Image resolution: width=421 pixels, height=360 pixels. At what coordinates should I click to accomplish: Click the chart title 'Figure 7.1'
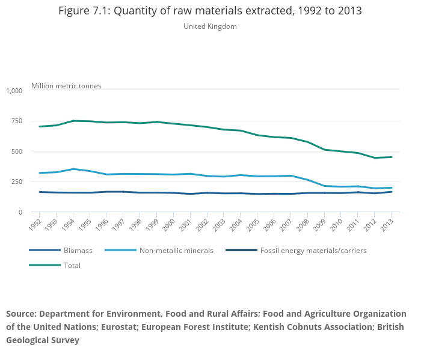click(x=210, y=11)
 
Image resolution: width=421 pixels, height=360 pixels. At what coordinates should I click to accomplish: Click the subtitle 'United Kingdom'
click(x=210, y=26)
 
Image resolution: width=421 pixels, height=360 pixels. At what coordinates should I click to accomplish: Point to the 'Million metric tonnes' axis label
click(x=66, y=86)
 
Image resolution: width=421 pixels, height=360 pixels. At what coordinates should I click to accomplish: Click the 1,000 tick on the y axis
click(x=14, y=91)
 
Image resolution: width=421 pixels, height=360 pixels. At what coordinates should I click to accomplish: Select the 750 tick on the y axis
click(x=17, y=121)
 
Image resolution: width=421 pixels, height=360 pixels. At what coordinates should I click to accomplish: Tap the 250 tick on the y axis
click(x=17, y=182)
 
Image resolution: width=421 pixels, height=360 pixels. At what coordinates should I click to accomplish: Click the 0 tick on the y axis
click(x=20, y=212)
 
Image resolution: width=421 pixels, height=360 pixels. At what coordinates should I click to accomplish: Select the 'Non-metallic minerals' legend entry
click(x=176, y=250)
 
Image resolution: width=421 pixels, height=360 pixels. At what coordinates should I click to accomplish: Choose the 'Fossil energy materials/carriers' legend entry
click(x=313, y=250)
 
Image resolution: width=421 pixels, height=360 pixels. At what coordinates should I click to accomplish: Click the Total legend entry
click(x=72, y=265)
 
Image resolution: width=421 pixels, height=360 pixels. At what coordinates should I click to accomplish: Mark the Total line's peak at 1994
click(x=73, y=121)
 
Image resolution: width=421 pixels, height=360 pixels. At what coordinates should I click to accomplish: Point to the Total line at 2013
click(x=392, y=157)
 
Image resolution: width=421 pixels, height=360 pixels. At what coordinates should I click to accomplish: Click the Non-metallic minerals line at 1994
click(x=73, y=169)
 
